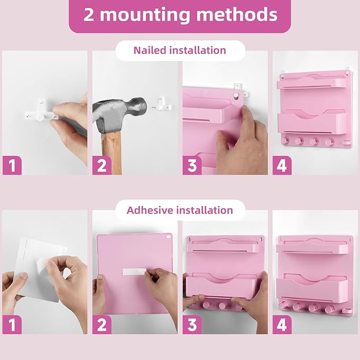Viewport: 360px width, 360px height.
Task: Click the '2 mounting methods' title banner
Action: pyautogui.click(x=180, y=14)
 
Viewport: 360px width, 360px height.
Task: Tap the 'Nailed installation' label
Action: pyautogui.click(x=180, y=50)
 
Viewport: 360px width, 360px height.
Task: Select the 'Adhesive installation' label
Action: pyautogui.click(x=180, y=210)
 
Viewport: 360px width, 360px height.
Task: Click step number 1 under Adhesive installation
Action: pyautogui.click(x=12, y=324)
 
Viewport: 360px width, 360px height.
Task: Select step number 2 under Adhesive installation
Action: pyautogui.click(x=102, y=324)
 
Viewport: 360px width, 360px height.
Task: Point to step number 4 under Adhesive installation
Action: pyautogui.click(x=282, y=324)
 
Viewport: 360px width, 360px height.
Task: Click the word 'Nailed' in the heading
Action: pyautogui.click(x=150, y=50)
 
